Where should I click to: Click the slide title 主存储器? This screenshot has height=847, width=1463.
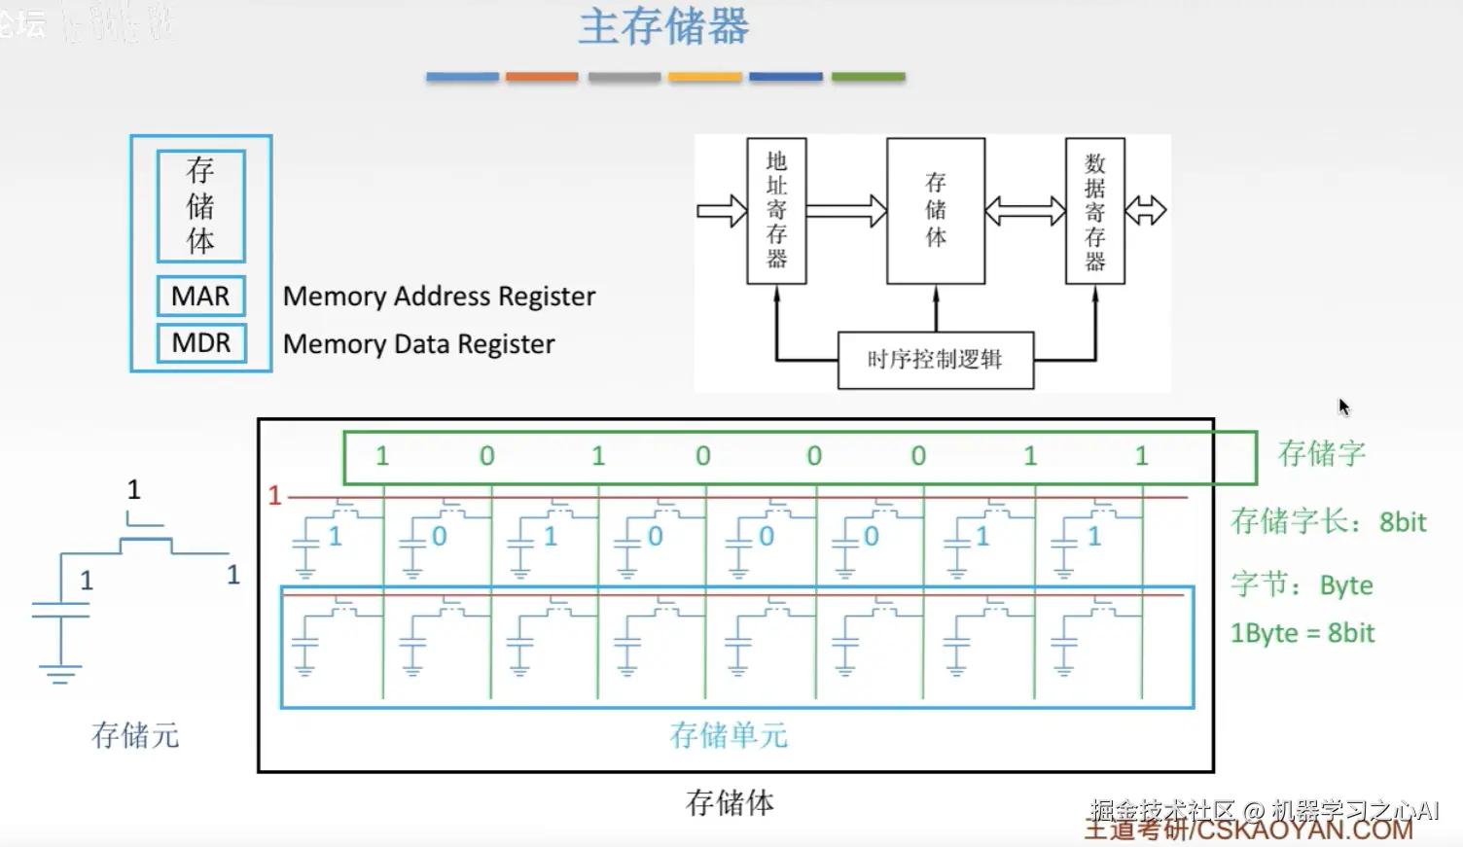click(664, 27)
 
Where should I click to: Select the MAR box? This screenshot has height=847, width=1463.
click(201, 296)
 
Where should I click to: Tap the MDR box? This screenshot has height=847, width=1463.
click(201, 343)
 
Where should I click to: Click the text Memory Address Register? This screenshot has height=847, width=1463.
click(439, 297)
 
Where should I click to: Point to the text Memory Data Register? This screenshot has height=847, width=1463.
click(418, 344)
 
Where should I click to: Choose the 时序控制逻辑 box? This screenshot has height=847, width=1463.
click(935, 360)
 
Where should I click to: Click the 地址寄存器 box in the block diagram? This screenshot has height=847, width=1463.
click(776, 210)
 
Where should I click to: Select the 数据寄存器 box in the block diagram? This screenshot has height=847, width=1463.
click(1094, 211)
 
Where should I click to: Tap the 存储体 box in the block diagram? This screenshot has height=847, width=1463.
click(935, 210)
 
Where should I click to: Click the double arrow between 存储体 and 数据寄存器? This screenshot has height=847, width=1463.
click(1025, 211)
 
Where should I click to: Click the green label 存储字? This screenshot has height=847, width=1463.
click(1321, 453)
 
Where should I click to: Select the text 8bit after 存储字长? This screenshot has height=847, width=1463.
click(1403, 522)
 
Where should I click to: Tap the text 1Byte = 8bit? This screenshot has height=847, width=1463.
click(1302, 633)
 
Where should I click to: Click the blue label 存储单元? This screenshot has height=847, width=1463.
click(728, 735)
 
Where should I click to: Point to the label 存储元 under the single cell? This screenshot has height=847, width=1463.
click(135, 735)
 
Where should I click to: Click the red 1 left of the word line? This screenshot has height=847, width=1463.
click(274, 496)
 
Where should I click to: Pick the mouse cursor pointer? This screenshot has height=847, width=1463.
click(1343, 406)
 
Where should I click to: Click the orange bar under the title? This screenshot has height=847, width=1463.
click(542, 77)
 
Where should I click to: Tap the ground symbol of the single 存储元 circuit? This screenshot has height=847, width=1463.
click(60, 673)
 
